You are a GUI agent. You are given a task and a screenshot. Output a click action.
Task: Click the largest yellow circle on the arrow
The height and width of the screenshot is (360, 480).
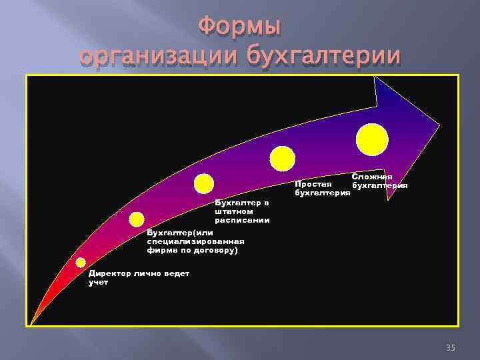point(372,140)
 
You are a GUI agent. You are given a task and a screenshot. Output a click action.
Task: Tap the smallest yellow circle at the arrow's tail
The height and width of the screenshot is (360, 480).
point(81,263)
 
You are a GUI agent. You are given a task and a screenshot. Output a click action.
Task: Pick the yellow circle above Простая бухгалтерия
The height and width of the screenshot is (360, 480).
point(282,158)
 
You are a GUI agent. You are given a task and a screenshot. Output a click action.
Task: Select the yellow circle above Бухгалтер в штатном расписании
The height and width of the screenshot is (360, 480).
point(203,183)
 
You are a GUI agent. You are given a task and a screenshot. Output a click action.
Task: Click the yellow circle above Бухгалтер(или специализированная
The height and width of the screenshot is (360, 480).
point(137,219)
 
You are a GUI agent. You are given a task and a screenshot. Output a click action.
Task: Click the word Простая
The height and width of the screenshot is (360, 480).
point(313,184)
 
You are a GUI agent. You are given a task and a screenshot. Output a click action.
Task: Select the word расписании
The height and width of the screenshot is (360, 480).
point(242,219)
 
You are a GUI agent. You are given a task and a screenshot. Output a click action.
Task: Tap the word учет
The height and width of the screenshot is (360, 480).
point(99,282)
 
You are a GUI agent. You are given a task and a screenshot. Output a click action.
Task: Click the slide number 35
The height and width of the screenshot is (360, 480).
point(450,348)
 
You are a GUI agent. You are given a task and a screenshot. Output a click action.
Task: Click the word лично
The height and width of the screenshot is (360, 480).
point(146,273)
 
